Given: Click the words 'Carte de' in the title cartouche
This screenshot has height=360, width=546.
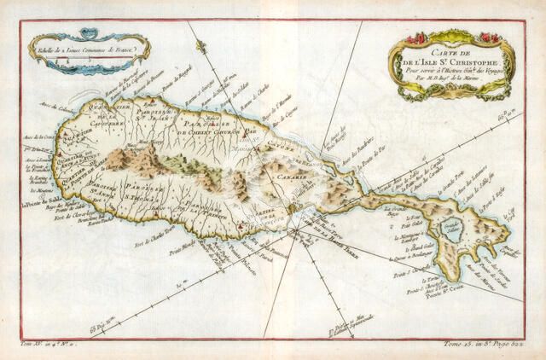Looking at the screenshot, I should pos(453,49).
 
